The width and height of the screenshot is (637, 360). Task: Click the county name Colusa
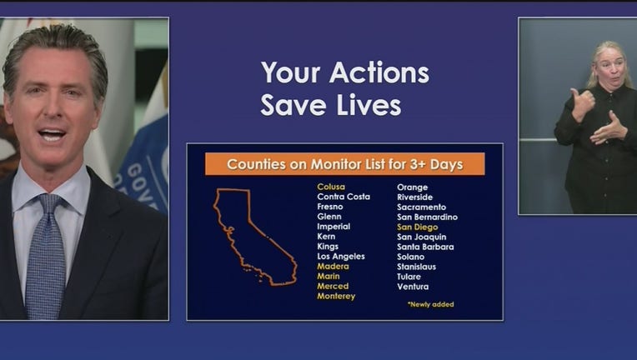tap(331, 187)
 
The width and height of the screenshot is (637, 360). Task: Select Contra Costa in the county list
tap(344, 197)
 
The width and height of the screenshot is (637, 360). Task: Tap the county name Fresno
tap(330, 207)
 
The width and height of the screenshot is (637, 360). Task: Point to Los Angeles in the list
tap(341, 257)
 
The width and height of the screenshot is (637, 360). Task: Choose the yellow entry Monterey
tap(336, 297)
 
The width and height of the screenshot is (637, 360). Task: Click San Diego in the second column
tap(417, 227)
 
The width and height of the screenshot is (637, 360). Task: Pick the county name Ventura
tap(413, 287)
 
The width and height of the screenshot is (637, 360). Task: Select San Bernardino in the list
tap(428, 217)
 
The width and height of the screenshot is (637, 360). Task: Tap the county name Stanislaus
tap(416, 267)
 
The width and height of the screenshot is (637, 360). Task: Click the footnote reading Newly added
tap(430, 304)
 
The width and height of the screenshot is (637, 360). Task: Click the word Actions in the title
tap(379, 72)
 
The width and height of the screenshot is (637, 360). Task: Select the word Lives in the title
tap(369, 105)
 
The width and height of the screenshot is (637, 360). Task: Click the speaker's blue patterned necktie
tap(46, 256)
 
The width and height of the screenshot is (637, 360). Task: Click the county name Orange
tap(413, 187)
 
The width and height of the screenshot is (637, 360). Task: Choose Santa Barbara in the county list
tap(425, 247)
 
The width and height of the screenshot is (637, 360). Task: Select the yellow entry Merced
tap(333, 286)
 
